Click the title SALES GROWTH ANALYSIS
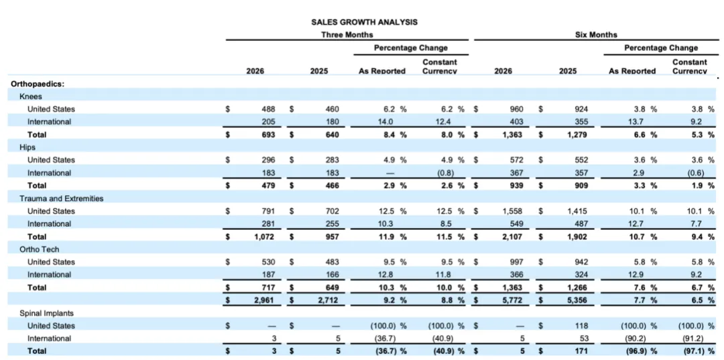364,21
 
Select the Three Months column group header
347,35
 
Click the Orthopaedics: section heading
38,84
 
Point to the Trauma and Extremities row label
62,198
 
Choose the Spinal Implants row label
47,313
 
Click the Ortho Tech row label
40,249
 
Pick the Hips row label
27,147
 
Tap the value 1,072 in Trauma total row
265,237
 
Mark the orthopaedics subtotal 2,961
265,300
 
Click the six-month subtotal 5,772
514,300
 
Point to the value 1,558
514,211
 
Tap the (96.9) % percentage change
639,351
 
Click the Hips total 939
517,186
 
